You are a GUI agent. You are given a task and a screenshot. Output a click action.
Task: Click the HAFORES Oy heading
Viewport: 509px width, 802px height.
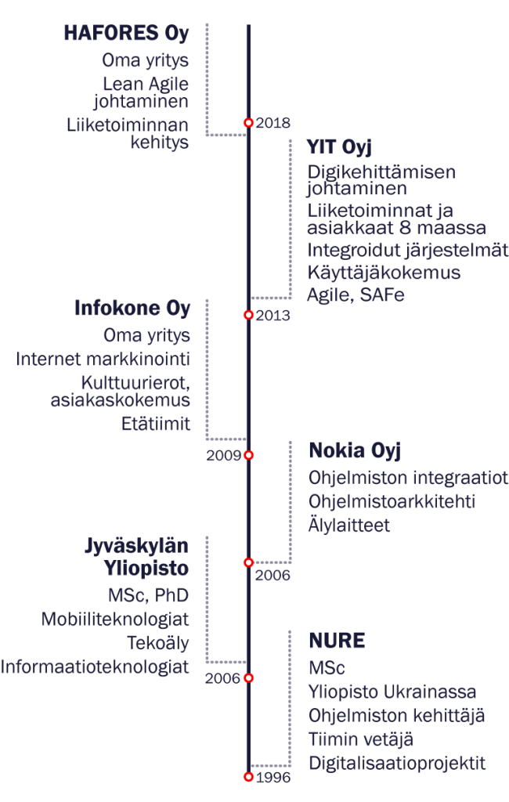[x=126, y=33]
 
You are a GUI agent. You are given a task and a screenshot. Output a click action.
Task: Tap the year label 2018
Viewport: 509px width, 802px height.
[x=273, y=123]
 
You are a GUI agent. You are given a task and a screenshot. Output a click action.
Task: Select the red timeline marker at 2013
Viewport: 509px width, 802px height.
[x=248, y=315]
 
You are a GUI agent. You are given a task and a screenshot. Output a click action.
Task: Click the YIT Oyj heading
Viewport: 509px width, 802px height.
[x=339, y=146]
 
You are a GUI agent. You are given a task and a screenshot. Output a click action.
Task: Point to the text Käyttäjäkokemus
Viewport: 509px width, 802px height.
[x=384, y=272]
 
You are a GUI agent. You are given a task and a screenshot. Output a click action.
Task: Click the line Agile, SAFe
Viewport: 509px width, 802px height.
[x=356, y=294]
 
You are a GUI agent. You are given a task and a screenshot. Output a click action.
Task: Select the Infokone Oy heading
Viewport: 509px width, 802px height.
[x=132, y=308]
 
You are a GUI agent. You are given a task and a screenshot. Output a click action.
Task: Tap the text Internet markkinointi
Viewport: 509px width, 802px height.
[x=103, y=359]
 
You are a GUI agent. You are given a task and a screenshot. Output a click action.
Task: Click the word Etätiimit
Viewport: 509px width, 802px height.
[x=156, y=424]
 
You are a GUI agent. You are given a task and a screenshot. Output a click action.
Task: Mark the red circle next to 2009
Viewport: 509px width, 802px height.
[x=248, y=455]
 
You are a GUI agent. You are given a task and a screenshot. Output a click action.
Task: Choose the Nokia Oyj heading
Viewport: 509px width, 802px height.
[x=355, y=450]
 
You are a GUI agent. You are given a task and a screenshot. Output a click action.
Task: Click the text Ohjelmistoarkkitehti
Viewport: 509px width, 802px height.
[x=392, y=501]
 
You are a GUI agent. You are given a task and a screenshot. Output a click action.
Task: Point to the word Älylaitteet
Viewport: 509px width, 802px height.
[x=349, y=525]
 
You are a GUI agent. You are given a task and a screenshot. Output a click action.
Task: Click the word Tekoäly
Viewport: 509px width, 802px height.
[x=158, y=643]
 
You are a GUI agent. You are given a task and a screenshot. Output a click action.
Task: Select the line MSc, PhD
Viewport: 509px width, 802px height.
[x=148, y=595]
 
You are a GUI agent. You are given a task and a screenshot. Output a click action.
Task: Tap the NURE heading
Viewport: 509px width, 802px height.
[x=338, y=641]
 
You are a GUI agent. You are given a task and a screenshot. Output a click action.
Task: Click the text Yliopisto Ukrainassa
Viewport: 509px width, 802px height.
[x=392, y=692]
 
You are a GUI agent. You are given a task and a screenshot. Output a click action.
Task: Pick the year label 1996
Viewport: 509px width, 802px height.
[x=273, y=778]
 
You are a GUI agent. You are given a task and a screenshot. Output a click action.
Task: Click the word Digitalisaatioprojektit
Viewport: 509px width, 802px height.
[x=397, y=763]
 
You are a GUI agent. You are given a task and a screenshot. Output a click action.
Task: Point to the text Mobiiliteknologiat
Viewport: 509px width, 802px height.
[x=115, y=619]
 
